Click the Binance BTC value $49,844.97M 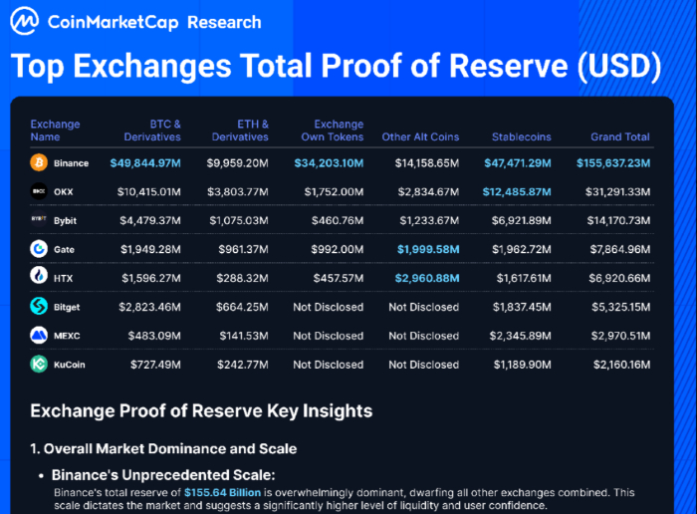coord(145,162)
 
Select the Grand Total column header coord(619,136)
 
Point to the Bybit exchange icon coord(39,219)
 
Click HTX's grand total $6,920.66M coord(614,277)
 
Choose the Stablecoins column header coord(522,136)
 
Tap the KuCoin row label coord(70,365)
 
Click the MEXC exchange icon coord(39,336)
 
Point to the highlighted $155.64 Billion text coord(222,492)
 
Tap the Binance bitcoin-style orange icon coord(39,162)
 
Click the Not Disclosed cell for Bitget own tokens coord(328,307)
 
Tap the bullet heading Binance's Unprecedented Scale coord(163,475)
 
